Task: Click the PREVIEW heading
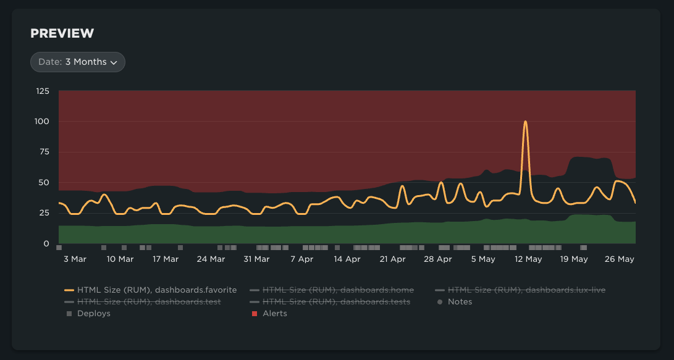[x=62, y=33]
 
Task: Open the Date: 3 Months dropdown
[x=78, y=62]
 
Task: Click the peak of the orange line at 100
[x=525, y=122]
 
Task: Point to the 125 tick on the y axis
[x=43, y=91]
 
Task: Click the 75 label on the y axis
[x=43, y=152]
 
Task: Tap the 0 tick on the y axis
[x=46, y=244]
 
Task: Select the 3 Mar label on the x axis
[x=75, y=259]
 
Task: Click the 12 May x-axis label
[x=529, y=259]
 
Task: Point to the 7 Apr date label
[x=301, y=259]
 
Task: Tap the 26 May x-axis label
[x=620, y=259]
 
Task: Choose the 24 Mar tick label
[x=211, y=259]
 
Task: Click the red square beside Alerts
[x=255, y=314]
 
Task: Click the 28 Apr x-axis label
[x=437, y=259]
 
